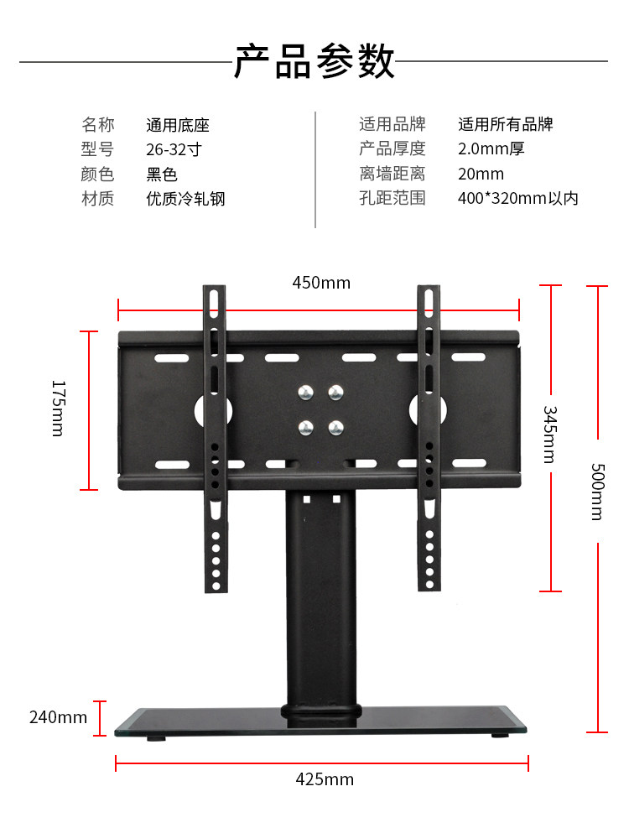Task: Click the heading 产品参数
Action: (x=314, y=61)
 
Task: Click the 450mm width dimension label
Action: (x=321, y=283)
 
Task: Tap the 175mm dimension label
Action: (x=58, y=408)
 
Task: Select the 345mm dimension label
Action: (x=549, y=435)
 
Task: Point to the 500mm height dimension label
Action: (x=596, y=492)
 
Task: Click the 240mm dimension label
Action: (x=58, y=717)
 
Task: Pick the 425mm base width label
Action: (x=325, y=779)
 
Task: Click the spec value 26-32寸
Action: (x=174, y=149)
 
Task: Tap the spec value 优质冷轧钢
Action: (x=185, y=199)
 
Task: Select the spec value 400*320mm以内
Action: (x=517, y=199)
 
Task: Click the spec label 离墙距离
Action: (x=392, y=174)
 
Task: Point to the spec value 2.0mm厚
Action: (x=491, y=149)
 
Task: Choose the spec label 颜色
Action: (x=97, y=174)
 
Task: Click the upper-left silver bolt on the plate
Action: (x=306, y=392)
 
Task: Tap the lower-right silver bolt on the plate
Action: (x=335, y=427)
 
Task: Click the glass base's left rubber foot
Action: (x=155, y=739)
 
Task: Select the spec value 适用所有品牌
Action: (x=506, y=125)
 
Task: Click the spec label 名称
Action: (x=97, y=125)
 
